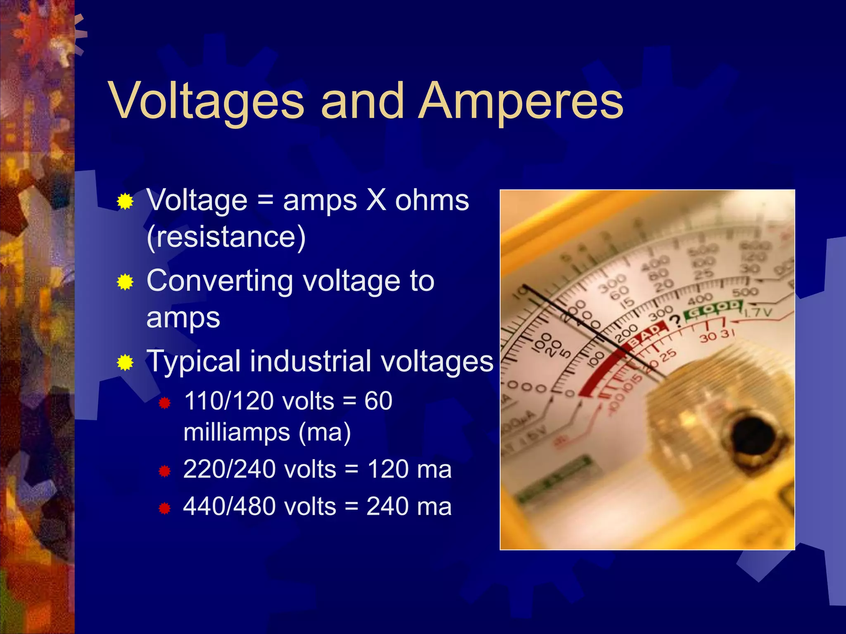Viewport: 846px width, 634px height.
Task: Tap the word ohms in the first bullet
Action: coord(432,201)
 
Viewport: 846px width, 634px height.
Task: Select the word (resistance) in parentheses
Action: coord(226,237)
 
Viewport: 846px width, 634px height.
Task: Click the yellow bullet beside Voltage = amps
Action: coord(125,202)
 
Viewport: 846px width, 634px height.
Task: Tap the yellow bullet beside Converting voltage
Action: coord(125,282)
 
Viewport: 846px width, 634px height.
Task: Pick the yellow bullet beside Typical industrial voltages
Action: coord(125,363)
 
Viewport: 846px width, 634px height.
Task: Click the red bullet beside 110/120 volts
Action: coord(164,402)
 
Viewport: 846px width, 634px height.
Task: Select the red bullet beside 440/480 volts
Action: coord(164,508)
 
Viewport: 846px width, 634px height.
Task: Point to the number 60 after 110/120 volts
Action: coord(378,401)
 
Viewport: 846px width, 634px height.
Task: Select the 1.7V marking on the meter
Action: coord(757,312)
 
